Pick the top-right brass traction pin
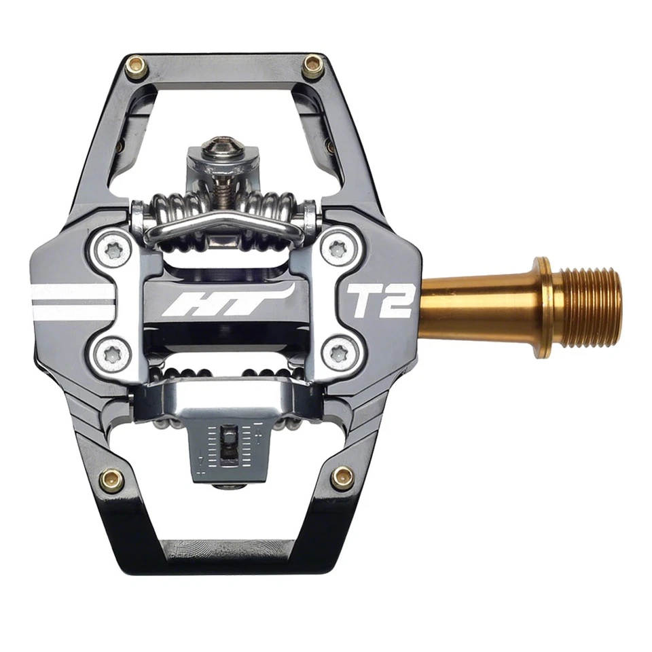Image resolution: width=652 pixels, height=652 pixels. click(x=312, y=66)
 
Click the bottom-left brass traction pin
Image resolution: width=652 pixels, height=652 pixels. click(x=111, y=479)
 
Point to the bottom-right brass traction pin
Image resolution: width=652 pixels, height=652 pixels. click(x=342, y=477)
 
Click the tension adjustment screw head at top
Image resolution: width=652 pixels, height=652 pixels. click(x=221, y=145)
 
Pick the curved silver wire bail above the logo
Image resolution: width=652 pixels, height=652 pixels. click(x=223, y=221)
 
